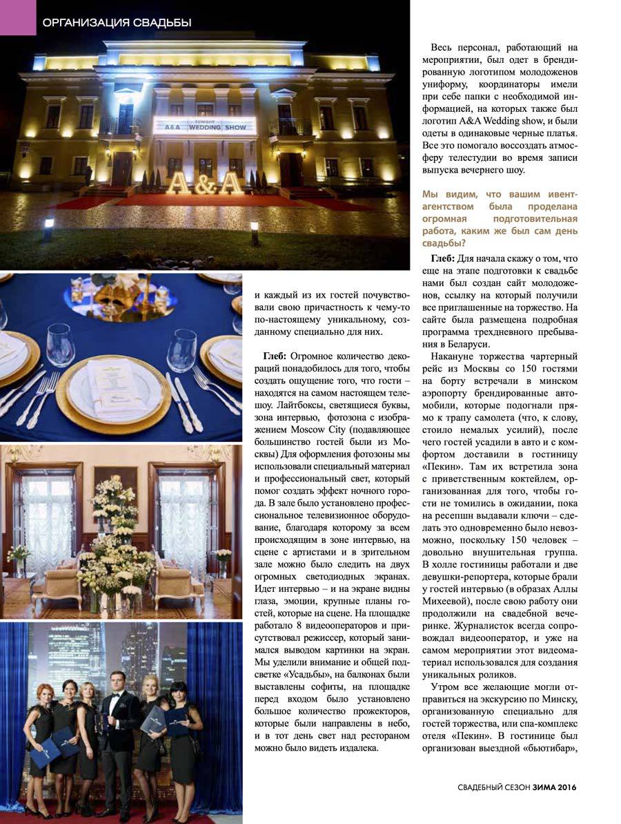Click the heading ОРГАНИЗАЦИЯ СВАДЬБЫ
tap(117, 23)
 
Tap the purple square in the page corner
tap(17, 17)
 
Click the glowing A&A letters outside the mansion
tap(204, 183)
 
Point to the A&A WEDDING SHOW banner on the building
tap(204, 126)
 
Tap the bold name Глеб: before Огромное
tap(279, 355)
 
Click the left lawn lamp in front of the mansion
tap(49, 224)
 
